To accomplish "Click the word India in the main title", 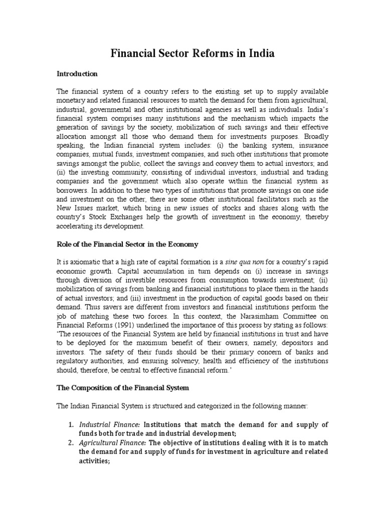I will [261, 53].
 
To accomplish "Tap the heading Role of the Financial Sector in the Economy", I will [127, 244].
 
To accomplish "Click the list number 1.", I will [71, 425].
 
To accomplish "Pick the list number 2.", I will [71, 443].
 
